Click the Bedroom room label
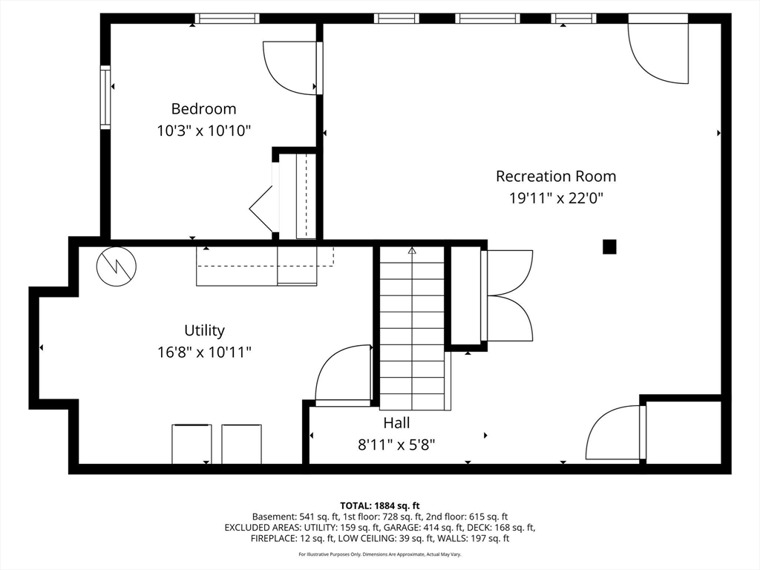pyautogui.click(x=203, y=109)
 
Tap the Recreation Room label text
pyautogui.click(x=556, y=176)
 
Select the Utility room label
pyautogui.click(x=204, y=330)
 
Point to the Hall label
pyautogui.click(x=396, y=422)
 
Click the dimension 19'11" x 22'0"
pyautogui.click(x=556, y=198)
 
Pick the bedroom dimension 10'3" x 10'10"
pyautogui.click(x=203, y=131)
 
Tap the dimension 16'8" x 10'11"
pyautogui.click(x=204, y=352)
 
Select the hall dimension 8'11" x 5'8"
pyautogui.click(x=396, y=445)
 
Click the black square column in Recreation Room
pyautogui.click(x=609, y=246)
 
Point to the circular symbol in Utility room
pyautogui.click(x=117, y=266)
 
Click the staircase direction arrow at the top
pyautogui.click(x=412, y=251)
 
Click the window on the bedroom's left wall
pyautogui.click(x=105, y=97)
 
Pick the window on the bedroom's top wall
pyautogui.click(x=227, y=19)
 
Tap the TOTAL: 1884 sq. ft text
pyautogui.click(x=379, y=506)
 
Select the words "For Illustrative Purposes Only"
pyautogui.click(x=330, y=554)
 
